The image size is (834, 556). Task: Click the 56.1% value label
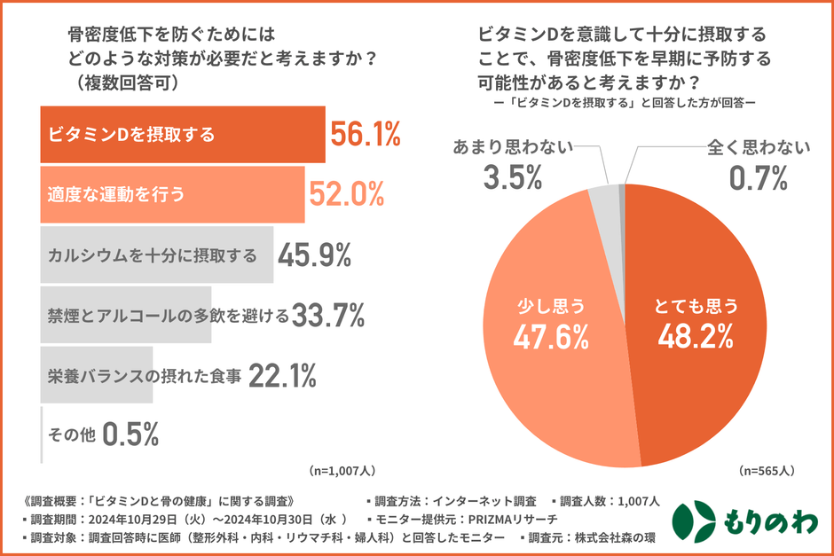pyautogui.click(x=366, y=135)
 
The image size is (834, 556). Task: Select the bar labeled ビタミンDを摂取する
pyautogui.click(x=183, y=135)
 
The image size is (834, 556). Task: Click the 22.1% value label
pyautogui.click(x=282, y=376)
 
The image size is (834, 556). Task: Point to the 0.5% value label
pyautogui.click(x=130, y=435)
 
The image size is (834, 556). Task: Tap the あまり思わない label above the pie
pyautogui.click(x=513, y=146)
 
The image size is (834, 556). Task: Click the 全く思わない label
pyautogui.click(x=759, y=146)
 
